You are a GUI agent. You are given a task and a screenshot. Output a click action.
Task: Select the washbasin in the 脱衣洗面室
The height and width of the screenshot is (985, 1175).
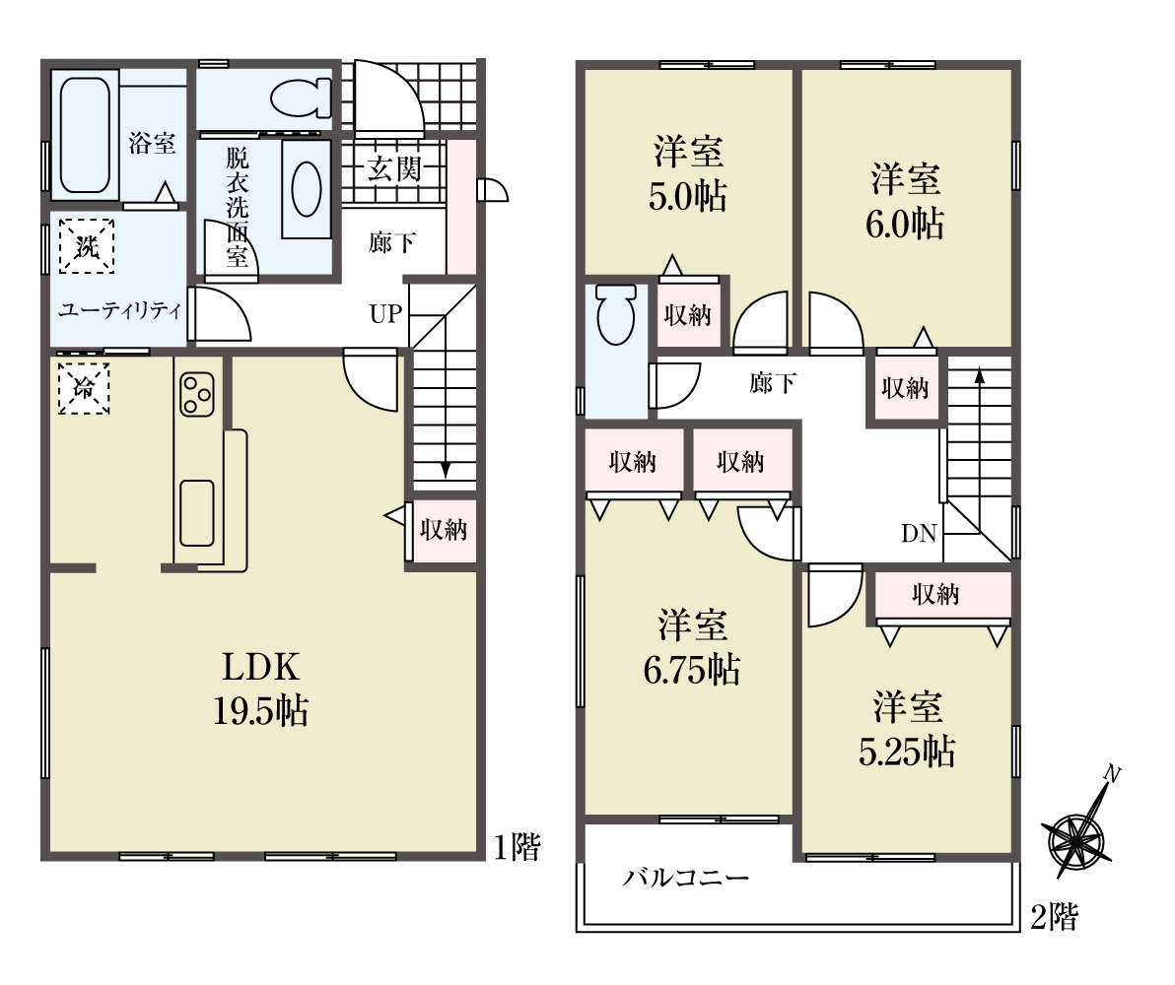pyautogui.click(x=307, y=189)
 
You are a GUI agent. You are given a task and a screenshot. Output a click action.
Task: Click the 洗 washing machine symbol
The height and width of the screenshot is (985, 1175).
pyautogui.click(x=86, y=246)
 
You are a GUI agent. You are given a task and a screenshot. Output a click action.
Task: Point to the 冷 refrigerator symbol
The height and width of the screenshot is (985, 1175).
pyautogui.click(x=83, y=388)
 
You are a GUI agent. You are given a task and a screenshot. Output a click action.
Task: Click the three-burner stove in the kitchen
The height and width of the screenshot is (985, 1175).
pyautogui.click(x=197, y=394)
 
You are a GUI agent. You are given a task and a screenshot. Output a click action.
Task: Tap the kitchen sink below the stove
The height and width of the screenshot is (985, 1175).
pyautogui.click(x=197, y=512)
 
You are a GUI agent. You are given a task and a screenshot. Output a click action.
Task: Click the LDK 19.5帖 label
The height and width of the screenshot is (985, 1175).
pyautogui.click(x=260, y=688)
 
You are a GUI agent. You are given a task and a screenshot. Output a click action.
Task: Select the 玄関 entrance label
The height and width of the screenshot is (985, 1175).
pyautogui.click(x=393, y=169)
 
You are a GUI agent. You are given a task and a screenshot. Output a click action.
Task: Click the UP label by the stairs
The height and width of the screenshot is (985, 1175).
pyautogui.click(x=386, y=313)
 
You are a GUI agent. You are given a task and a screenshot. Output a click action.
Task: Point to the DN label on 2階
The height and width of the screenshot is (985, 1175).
pyautogui.click(x=919, y=533)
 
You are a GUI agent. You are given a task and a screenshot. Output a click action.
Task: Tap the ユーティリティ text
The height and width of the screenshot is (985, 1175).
pyautogui.click(x=120, y=310)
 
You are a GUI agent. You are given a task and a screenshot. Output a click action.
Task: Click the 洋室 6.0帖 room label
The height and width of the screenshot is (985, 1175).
pyautogui.click(x=905, y=201)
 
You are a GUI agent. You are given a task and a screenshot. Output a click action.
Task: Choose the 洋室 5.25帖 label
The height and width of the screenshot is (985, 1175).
pyautogui.click(x=907, y=729)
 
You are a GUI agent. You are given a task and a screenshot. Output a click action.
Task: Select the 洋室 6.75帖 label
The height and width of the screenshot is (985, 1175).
pyautogui.click(x=692, y=647)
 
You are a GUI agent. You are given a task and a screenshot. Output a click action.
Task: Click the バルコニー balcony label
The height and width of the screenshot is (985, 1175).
pyautogui.click(x=686, y=877)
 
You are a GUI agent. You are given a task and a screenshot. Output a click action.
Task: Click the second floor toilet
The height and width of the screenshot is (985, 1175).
pyautogui.click(x=616, y=314)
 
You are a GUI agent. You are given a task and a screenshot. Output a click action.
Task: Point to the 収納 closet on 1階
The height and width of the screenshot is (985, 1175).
pyautogui.click(x=444, y=530)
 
